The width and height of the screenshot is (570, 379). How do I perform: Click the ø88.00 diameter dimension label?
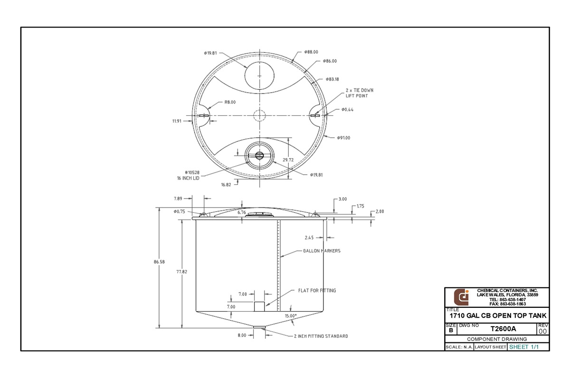click(x=311, y=52)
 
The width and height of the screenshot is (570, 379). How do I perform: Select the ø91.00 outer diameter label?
click(x=343, y=138)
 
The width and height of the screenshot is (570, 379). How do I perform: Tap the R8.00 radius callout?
click(x=229, y=102)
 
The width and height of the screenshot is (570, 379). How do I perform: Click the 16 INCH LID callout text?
click(x=188, y=178)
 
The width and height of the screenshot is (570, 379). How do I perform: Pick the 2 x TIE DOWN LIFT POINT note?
click(x=359, y=93)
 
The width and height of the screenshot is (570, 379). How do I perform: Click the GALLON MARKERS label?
click(x=322, y=251)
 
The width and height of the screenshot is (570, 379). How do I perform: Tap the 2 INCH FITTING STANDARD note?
click(x=321, y=336)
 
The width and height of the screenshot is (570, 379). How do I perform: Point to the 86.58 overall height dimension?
click(x=159, y=261)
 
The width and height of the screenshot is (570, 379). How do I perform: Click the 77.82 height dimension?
click(x=181, y=272)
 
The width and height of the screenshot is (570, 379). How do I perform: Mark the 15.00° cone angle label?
click(x=291, y=315)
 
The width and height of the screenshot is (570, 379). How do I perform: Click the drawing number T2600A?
click(x=503, y=328)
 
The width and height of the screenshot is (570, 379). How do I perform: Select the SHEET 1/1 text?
click(x=524, y=347)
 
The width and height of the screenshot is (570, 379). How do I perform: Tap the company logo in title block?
click(x=461, y=297)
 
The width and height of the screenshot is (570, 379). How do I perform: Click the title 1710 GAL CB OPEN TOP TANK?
click(x=497, y=316)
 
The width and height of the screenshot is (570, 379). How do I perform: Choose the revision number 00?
click(x=543, y=331)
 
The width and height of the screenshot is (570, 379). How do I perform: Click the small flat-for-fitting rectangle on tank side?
click(x=259, y=306)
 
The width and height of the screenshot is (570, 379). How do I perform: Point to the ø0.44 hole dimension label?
click(x=347, y=110)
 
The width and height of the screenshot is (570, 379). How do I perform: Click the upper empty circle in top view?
click(x=259, y=76)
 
